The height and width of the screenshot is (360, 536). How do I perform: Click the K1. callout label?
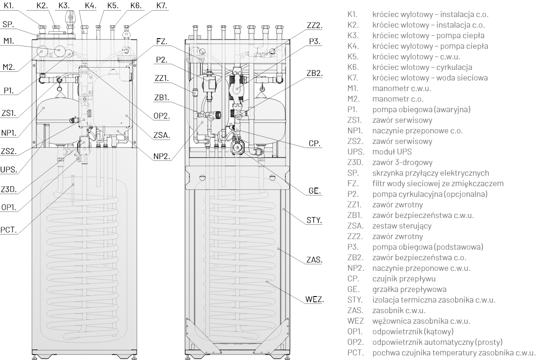(x=10, y=6)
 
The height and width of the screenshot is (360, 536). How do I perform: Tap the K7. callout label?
(x=162, y=6)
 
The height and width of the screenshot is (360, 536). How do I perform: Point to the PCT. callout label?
(x=9, y=230)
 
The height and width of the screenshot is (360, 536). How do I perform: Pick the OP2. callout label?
(x=162, y=116)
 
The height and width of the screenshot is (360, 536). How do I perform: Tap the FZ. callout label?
(x=162, y=41)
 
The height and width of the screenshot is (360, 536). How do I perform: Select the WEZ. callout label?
(x=314, y=300)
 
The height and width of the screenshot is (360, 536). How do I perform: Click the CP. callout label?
(x=314, y=144)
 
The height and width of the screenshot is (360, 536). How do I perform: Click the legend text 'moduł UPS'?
(x=392, y=152)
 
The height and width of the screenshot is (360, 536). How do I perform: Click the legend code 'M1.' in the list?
(x=353, y=88)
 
